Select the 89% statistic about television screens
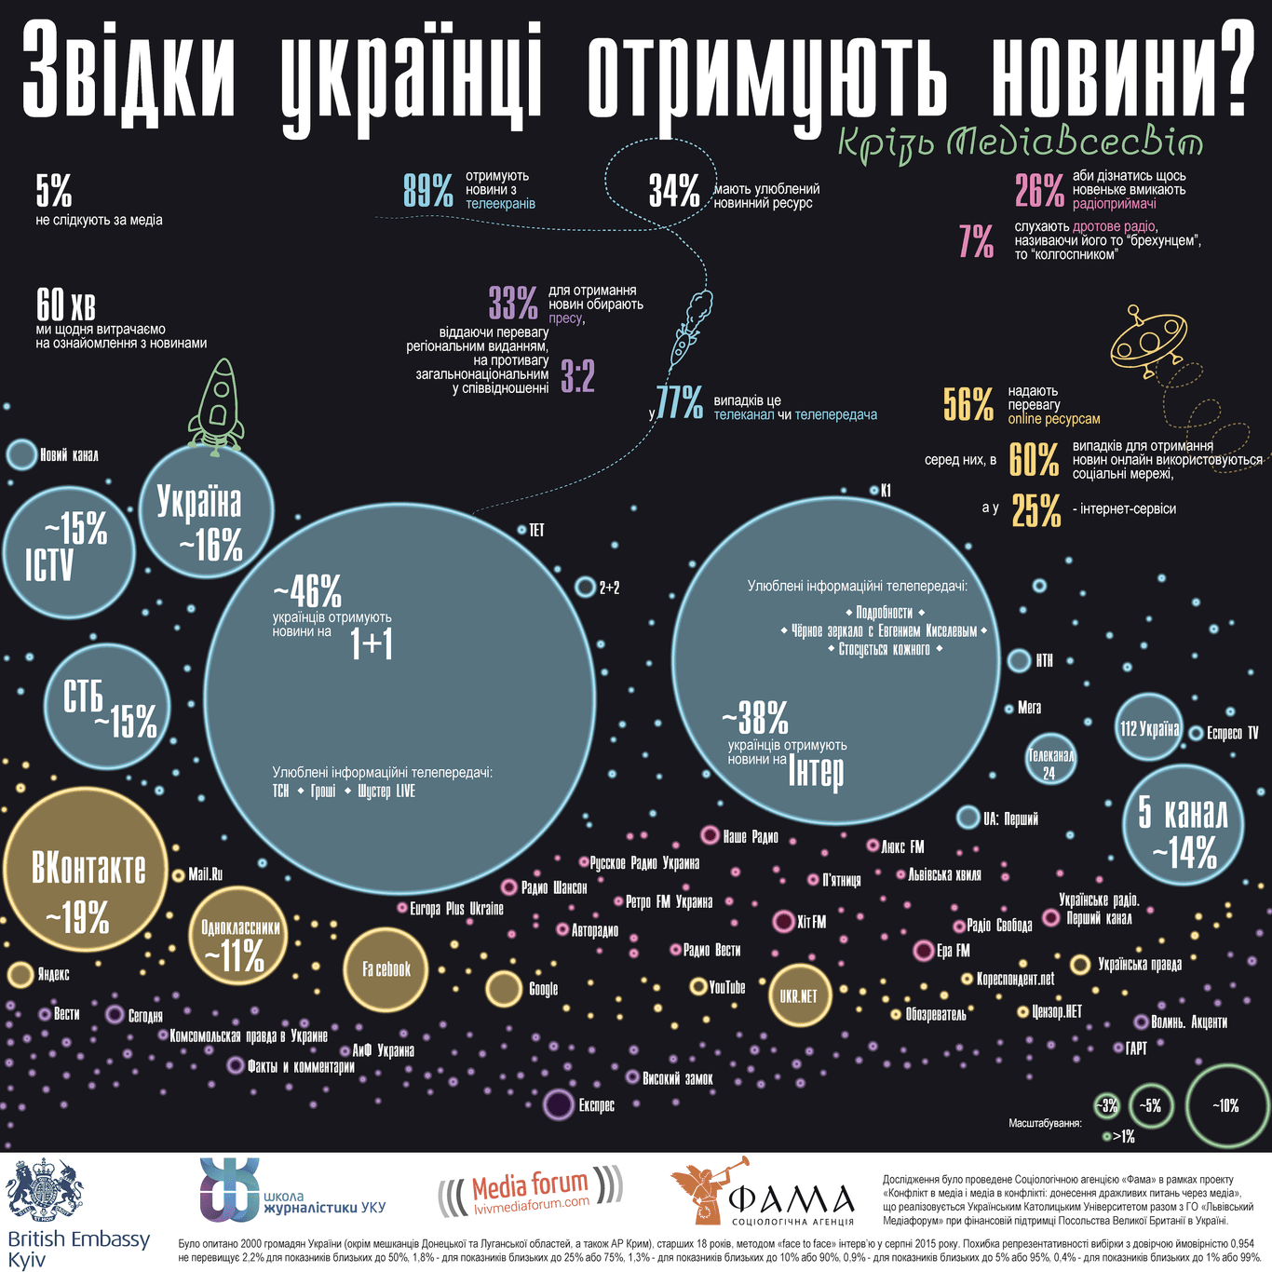tap(428, 190)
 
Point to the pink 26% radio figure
tap(1039, 190)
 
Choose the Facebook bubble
tap(386, 969)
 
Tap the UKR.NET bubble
tap(798, 995)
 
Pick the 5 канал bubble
tap(1184, 825)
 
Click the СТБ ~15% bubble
tap(108, 707)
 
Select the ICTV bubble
tap(69, 552)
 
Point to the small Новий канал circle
tap(20, 455)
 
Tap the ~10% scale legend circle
tap(1225, 1105)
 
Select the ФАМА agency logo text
tap(792, 1200)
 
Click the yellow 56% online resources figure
tap(968, 404)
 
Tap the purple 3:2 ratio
tap(577, 376)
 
